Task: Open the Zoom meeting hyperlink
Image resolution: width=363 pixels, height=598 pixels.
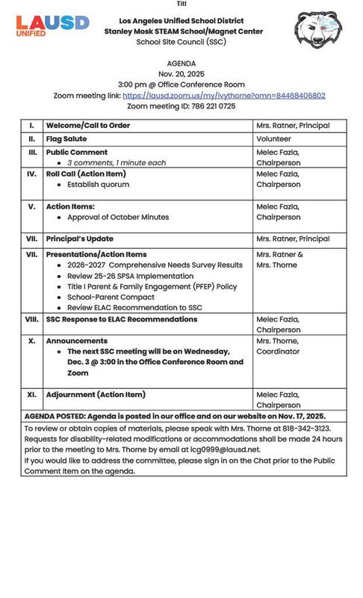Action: coord(223,96)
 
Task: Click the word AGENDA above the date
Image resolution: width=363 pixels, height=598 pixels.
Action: coord(181,64)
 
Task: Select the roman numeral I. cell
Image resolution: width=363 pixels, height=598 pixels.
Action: coord(31,126)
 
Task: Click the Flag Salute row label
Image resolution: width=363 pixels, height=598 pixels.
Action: coord(66,139)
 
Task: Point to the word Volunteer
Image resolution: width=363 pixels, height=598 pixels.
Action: coord(273,139)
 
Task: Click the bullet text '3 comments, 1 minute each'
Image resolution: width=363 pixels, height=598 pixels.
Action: coord(117,162)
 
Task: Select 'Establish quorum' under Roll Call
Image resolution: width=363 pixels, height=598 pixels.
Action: coord(98,184)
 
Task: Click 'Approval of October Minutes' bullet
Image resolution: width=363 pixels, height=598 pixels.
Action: coord(118,217)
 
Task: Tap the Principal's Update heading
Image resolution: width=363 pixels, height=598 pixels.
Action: coord(80,239)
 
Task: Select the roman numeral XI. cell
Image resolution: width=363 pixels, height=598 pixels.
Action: coord(31,395)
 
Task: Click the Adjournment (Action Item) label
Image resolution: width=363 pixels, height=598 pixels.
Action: coord(96,395)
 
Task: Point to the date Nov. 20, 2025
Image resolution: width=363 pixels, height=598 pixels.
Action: coord(181,74)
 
